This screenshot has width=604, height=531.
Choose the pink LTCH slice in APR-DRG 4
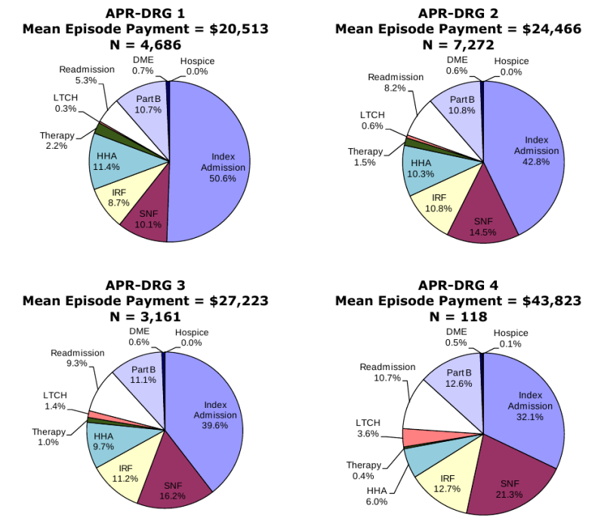click(x=414, y=437)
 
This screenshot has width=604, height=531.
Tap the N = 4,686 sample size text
click(x=145, y=44)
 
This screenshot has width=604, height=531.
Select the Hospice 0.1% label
click(x=512, y=338)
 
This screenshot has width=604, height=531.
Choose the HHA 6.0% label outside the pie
click(x=376, y=495)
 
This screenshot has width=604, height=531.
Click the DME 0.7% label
click(x=143, y=64)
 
